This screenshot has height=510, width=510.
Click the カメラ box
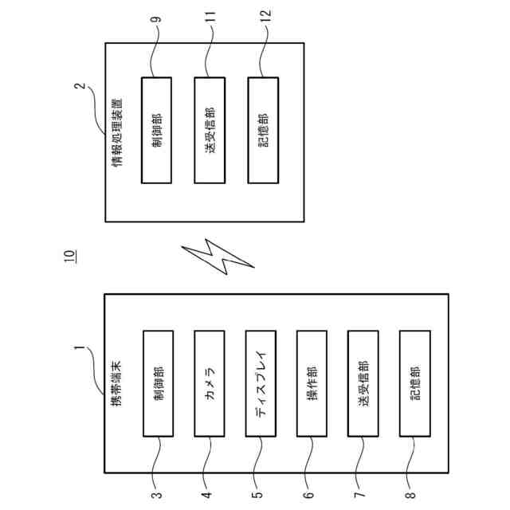[210, 382]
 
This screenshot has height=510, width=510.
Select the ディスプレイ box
[261, 382]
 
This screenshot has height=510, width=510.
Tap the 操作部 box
[312, 382]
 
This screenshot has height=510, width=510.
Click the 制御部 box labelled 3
[158, 382]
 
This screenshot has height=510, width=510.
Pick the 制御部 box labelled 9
[157, 130]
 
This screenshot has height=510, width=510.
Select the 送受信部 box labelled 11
[210, 130]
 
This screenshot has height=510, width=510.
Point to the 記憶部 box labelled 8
[414, 382]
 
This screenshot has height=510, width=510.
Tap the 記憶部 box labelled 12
[263, 130]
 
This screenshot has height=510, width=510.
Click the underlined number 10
[69, 256]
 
